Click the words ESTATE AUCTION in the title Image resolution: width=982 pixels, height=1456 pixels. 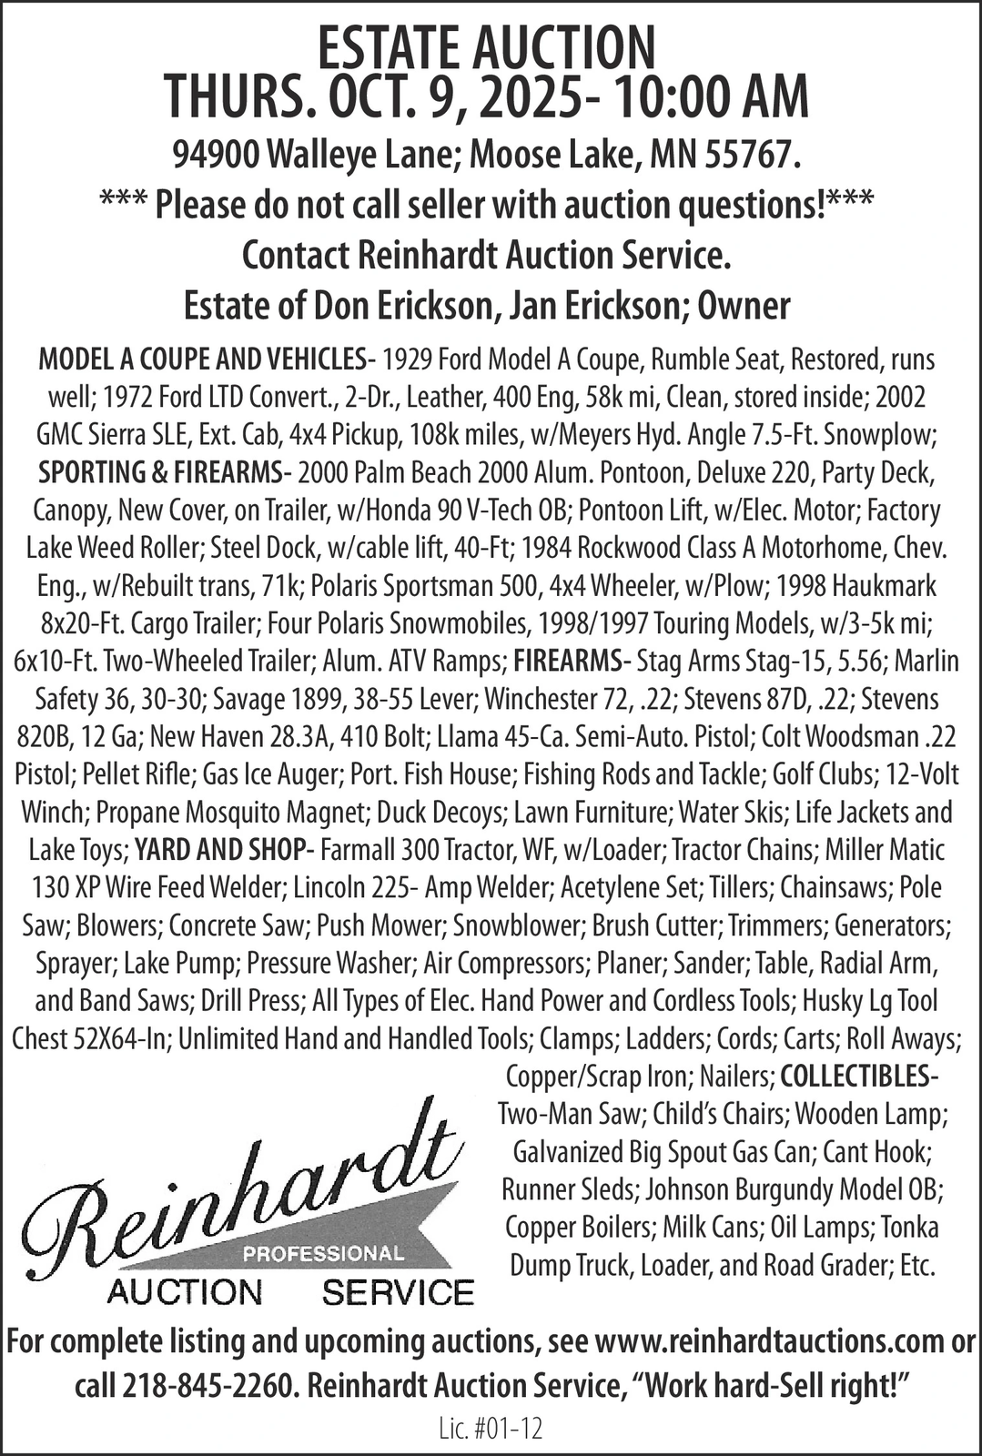pyautogui.click(x=487, y=47)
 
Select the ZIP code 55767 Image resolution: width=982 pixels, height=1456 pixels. pyautogui.click(x=752, y=156)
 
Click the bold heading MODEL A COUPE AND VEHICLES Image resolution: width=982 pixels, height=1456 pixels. pyautogui.click(x=201, y=359)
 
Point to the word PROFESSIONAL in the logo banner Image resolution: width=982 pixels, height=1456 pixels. pyautogui.click(x=324, y=1253)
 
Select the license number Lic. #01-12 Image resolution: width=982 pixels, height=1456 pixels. pyautogui.click(x=490, y=1430)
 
